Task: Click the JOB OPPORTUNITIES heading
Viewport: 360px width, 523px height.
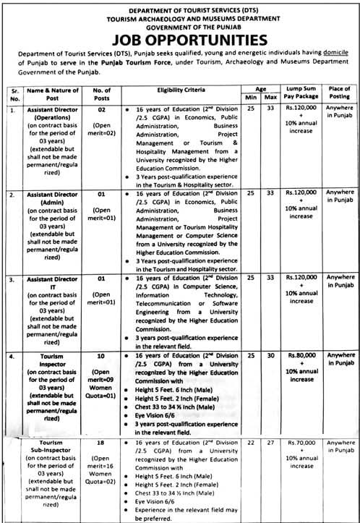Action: [x=180, y=38]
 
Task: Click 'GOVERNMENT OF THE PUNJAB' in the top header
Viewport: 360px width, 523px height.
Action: [x=180, y=22]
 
